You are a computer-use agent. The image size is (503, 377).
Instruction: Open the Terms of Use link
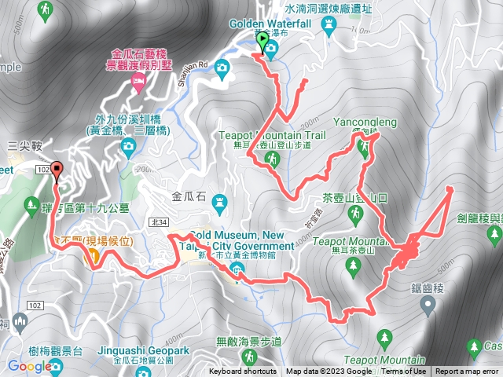tap(404, 372)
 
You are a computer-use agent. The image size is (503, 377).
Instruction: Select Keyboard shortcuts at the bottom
tap(243, 372)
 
